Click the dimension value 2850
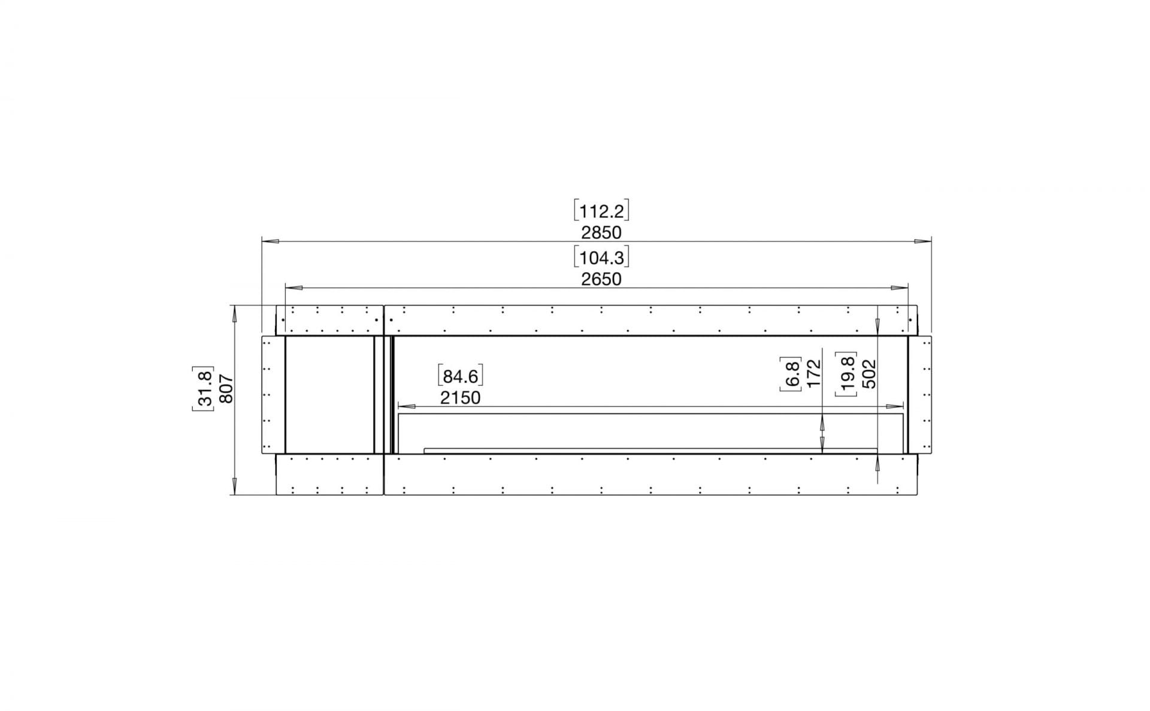tap(601, 232)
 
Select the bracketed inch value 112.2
tap(601, 211)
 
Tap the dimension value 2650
tap(601, 279)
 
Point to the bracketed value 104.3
tap(601, 258)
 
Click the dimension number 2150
tap(460, 397)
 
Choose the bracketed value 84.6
tap(460, 376)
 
